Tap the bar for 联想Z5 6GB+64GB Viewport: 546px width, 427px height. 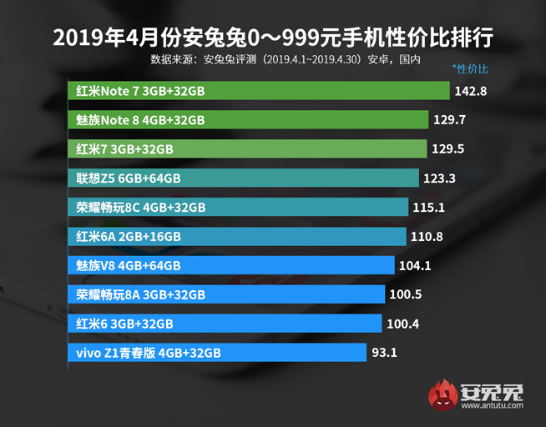coord(242,178)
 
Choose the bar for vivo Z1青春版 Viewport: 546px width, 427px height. coord(216,353)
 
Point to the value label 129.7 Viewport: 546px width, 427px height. coord(449,120)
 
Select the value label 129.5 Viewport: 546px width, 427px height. coord(449,149)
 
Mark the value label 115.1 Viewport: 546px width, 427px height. coord(427,208)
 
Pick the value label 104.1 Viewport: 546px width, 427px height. coord(414,266)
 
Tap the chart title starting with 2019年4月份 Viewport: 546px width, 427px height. coord(272,38)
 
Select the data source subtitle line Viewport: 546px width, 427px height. coord(285,59)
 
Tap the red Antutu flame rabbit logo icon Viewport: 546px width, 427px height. coord(442,394)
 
